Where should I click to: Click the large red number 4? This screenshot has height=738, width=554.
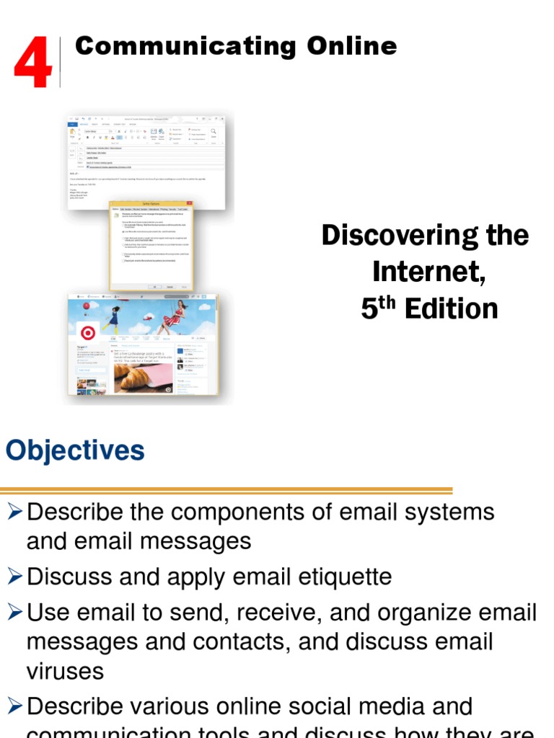(32, 64)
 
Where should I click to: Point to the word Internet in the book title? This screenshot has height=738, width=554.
(425, 272)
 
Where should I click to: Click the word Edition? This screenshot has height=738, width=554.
(451, 309)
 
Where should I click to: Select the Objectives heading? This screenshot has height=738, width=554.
(75, 452)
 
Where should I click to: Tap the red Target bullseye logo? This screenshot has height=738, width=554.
(88, 333)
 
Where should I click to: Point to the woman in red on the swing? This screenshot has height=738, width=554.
(173, 317)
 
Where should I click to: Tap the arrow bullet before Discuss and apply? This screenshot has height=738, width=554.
(14, 576)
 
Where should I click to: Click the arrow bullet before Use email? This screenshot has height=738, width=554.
(14, 613)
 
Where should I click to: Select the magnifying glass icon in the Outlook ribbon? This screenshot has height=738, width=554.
(214, 130)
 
